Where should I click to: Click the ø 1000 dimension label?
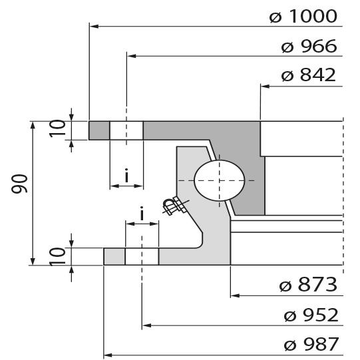tap(303, 17)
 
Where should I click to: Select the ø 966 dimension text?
tap(309, 47)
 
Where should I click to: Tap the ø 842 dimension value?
tap(309, 76)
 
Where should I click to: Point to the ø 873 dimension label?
tap(309, 285)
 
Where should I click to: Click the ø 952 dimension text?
tap(309, 315)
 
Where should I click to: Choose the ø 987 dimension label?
tap(309, 345)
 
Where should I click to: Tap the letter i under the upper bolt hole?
tap(126, 176)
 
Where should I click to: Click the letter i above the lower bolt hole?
tap(142, 214)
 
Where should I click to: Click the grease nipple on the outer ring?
tap(175, 207)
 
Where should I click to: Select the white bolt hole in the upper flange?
tap(126, 130)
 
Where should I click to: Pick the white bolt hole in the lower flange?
tap(142, 256)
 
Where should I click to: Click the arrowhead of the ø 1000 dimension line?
tap(93, 27)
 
